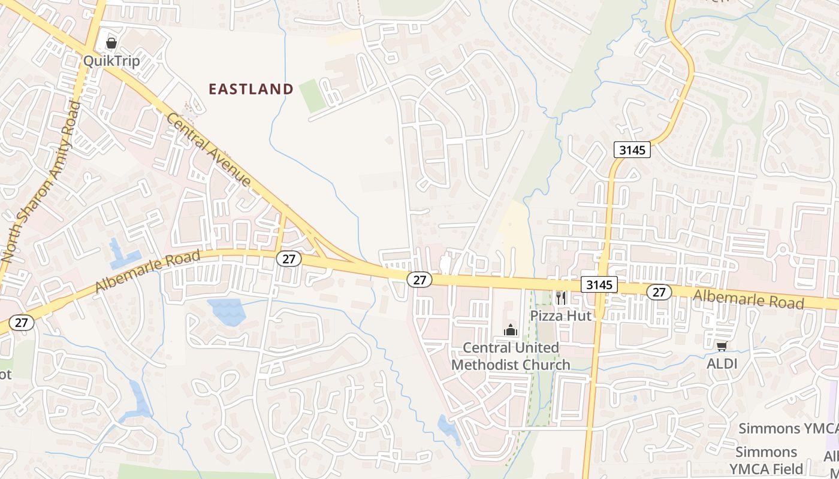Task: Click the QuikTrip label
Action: click(x=111, y=60)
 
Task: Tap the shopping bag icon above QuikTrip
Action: click(x=111, y=43)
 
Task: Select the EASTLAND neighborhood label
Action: click(x=251, y=89)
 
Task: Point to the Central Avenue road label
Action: click(x=209, y=149)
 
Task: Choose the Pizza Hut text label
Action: click(x=560, y=315)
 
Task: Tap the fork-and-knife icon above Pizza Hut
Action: click(x=561, y=298)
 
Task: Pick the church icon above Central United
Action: click(x=510, y=329)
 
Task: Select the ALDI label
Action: click(x=722, y=363)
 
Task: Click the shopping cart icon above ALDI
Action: click(x=722, y=346)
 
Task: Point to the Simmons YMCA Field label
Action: click(x=766, y=460)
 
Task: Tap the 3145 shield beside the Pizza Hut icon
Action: click(x=599, y=285)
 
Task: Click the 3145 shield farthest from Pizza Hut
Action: click(x=632, y=150)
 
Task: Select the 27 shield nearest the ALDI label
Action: click(x=659, y=292)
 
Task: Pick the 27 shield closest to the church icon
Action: click(x=419, y=279)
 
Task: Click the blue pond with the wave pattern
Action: click(x=227, y=311)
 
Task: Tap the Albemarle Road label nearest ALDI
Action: click(x=748, y=299)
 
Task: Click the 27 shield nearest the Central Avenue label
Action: click(x=288, y=259)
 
